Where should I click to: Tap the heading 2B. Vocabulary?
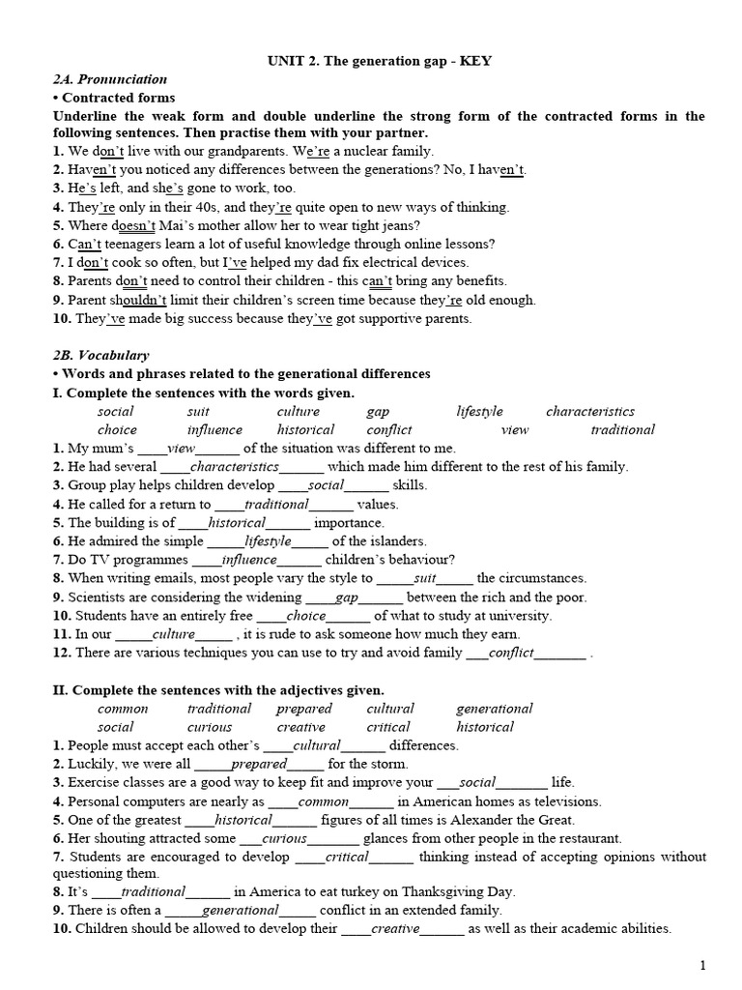100,355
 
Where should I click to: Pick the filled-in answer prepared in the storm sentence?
259,764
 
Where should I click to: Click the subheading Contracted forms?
118,98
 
